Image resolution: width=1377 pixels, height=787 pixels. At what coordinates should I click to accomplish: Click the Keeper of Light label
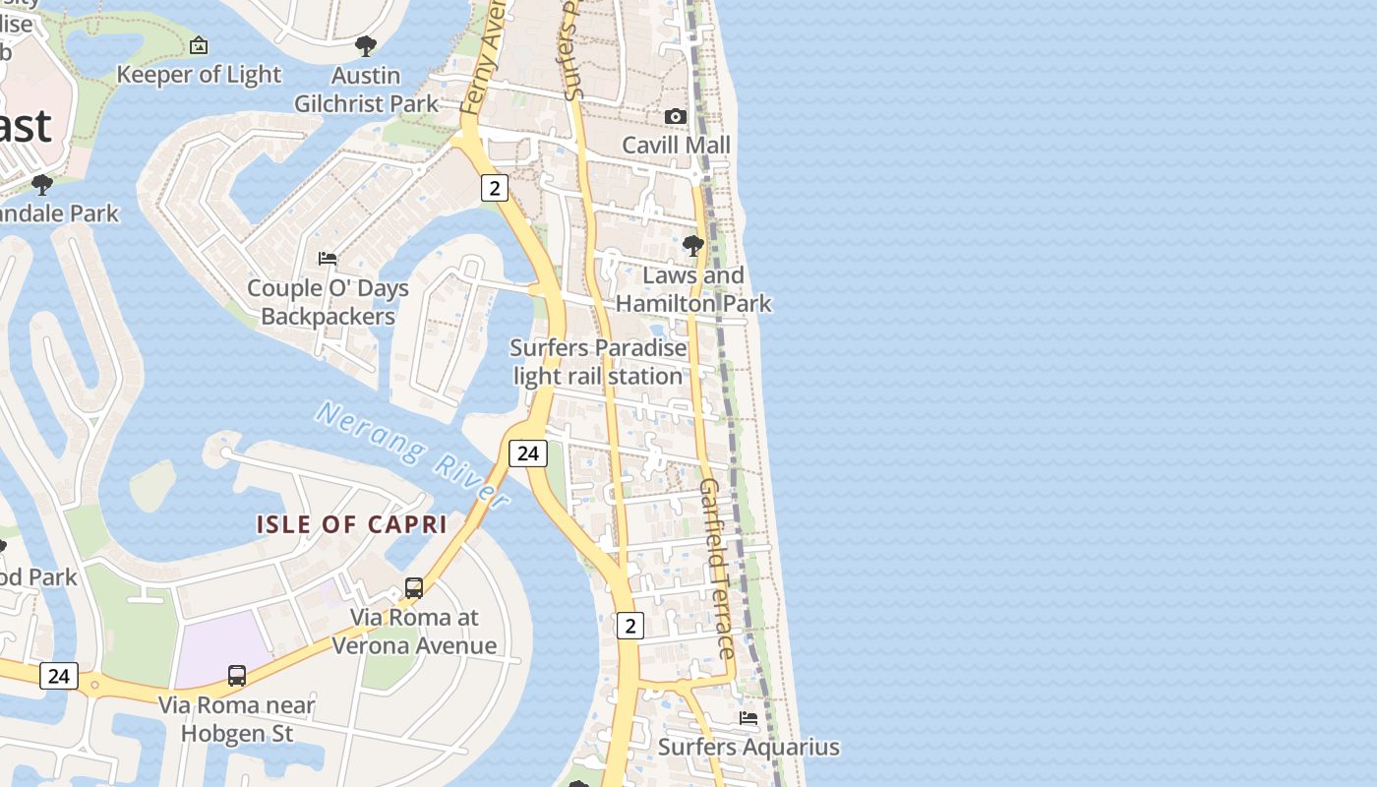point(199,75)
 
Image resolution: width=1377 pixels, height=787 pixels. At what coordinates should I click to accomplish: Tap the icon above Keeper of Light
point(199,45)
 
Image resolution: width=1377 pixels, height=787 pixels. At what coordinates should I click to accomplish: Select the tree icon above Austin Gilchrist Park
point(366,45)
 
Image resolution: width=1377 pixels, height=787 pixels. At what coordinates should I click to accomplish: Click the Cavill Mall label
point(677,146)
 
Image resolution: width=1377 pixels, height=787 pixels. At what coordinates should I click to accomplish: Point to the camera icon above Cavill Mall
point(675,117)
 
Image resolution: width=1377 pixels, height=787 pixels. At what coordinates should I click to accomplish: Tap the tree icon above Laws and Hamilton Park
point(693,246)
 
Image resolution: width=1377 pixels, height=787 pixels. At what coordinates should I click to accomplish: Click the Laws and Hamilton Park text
point(693,289)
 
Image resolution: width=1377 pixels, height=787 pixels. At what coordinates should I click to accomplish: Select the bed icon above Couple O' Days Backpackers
point(328,259)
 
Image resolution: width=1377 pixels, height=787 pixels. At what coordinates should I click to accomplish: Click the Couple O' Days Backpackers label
point(328,302)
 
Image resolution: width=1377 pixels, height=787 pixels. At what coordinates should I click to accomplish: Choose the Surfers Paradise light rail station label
point(598,362)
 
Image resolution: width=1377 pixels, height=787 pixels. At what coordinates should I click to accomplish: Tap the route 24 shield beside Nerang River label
point(528,453)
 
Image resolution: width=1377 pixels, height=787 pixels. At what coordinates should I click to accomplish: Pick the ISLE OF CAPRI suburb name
point(352,524)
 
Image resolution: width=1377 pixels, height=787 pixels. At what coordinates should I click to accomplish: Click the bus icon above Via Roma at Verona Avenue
point(414,588)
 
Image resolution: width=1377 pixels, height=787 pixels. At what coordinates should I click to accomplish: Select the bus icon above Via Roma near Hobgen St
point(237,676)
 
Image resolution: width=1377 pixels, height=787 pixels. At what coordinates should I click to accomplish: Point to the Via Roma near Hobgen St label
point(237,719)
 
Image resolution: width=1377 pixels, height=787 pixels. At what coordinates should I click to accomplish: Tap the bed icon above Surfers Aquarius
point(748,718)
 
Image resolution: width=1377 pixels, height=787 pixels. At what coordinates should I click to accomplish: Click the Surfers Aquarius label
point(748,748)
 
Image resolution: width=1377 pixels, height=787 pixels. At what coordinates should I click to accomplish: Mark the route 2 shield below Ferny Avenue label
point(495,187)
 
